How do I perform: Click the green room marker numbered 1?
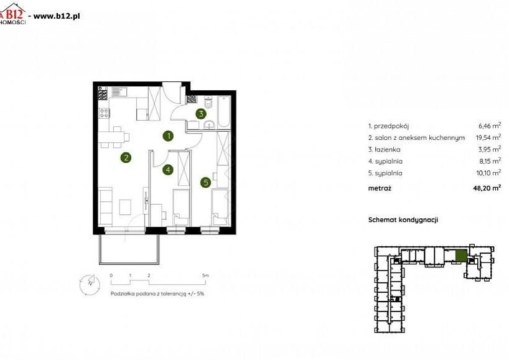pos(168,136)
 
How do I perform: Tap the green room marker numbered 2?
pos(126,158)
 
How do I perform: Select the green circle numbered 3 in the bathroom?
pos(201,114)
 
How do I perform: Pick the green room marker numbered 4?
pos(168,170)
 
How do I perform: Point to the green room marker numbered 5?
pos(206,183)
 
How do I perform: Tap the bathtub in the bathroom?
pos(224,112)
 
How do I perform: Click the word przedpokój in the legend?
pos(391,126)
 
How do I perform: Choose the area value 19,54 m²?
pos(488,137)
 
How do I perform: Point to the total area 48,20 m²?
pos(487,188)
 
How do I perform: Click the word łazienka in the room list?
pos(387,149)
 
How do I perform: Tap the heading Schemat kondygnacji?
pos(403,220)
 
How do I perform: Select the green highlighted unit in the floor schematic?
pos(461,256)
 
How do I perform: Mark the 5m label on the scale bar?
pos(205,275)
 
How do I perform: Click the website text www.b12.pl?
pos(57,16)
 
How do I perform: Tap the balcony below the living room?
pos(129,249)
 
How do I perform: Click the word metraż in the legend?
pos(380,188)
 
